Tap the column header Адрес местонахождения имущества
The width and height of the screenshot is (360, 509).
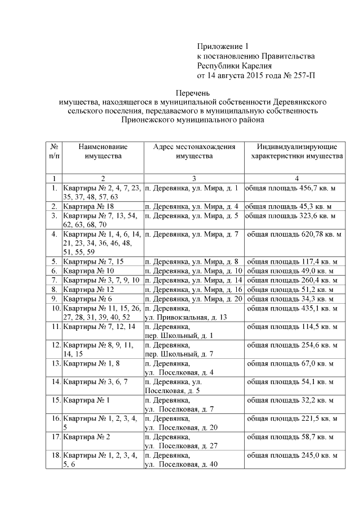point(194,151)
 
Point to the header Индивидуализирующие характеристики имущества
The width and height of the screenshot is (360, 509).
point(294,151)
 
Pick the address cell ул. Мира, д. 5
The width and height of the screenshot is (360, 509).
point(192,215)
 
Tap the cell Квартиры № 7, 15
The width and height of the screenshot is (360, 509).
point(93,262)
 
